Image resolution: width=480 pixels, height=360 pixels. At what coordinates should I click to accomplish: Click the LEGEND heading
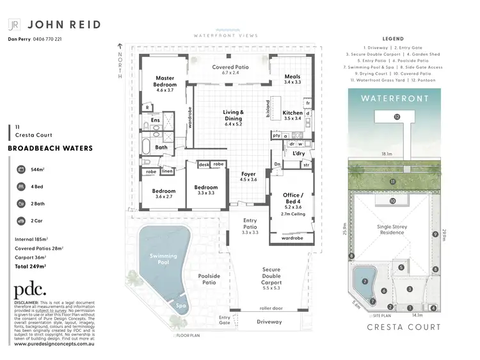[x=392, y=39]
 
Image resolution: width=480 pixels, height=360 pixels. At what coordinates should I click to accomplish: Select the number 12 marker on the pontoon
[x=397, y=117]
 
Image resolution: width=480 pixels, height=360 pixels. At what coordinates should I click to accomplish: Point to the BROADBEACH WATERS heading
[x=50, y=148]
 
